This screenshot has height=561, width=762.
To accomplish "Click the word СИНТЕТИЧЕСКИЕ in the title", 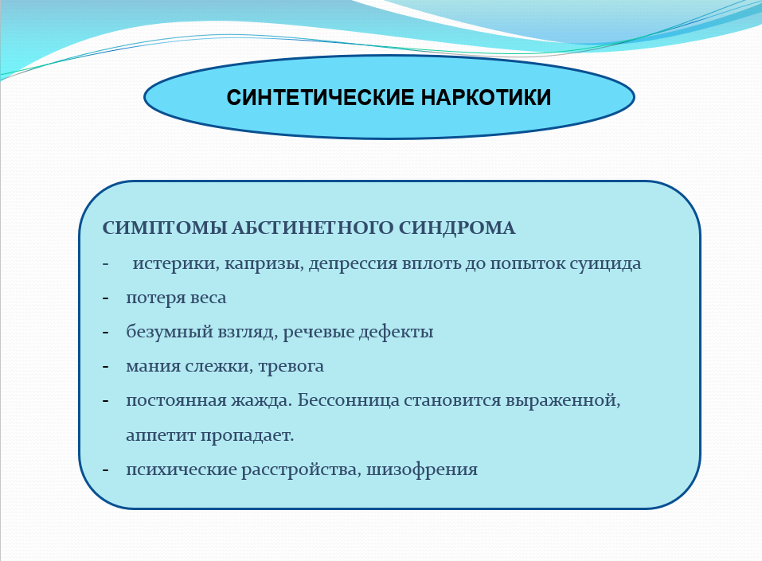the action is click(x=320, y=97).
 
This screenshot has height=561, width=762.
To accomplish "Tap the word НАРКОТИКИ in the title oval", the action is click(x=486, y=97).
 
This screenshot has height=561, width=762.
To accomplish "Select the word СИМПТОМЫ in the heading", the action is click(x=165, y=228).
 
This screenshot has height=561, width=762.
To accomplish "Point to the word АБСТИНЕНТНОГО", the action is click(x=312, y=228).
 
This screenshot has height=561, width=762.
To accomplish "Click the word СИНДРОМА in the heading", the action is click(x=457, y=228).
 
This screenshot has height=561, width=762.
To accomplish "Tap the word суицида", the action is click(x=605, y=263).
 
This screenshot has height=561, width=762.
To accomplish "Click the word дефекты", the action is click(x=396, y=332).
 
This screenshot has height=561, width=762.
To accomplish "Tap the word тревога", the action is click(x=291, y=367).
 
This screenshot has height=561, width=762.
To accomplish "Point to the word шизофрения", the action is click(x=422, y=470).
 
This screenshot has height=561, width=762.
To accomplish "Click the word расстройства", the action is click(x=301, y=470).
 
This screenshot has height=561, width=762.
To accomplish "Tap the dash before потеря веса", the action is click(x=105, y=298).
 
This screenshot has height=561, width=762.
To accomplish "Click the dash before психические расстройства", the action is click(x=105, y=470).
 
